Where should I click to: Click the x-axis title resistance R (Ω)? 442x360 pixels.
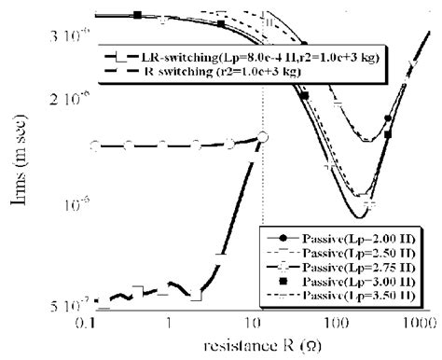point(251,347)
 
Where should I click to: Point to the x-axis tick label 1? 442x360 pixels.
point(169,322)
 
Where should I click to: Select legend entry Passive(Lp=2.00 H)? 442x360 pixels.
point(352,236)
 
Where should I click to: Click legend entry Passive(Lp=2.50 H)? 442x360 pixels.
point(352,253)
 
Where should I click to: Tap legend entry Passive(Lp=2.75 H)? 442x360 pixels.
point(352,269)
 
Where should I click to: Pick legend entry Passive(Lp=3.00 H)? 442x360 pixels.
point(352,284)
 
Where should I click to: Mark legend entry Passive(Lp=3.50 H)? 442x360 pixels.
point(352,298)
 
